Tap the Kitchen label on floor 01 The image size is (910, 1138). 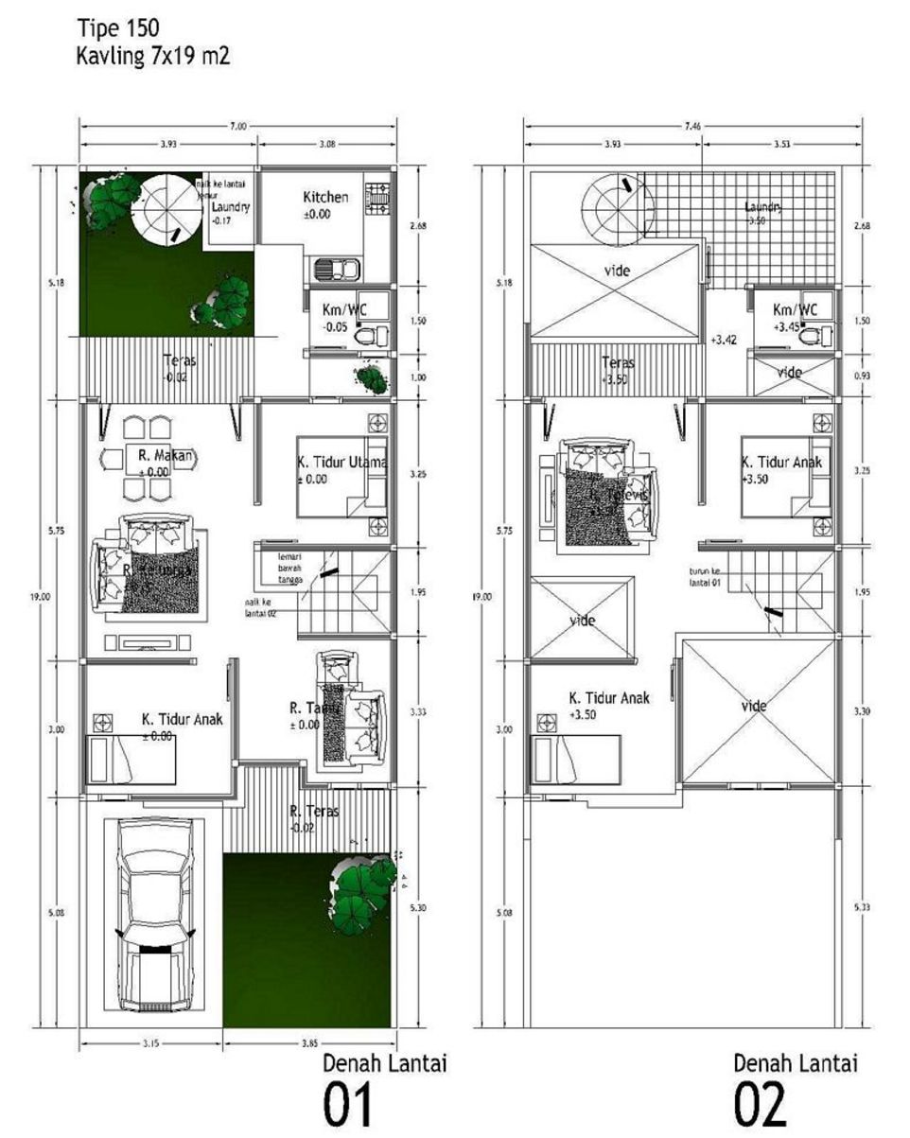325,198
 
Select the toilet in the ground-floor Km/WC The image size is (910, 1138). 379,334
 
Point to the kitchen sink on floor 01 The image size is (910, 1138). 338,269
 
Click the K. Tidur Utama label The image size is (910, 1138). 340,462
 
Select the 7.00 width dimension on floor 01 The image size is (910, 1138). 236,126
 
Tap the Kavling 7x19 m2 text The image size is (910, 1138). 152,57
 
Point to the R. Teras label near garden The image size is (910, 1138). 314,812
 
